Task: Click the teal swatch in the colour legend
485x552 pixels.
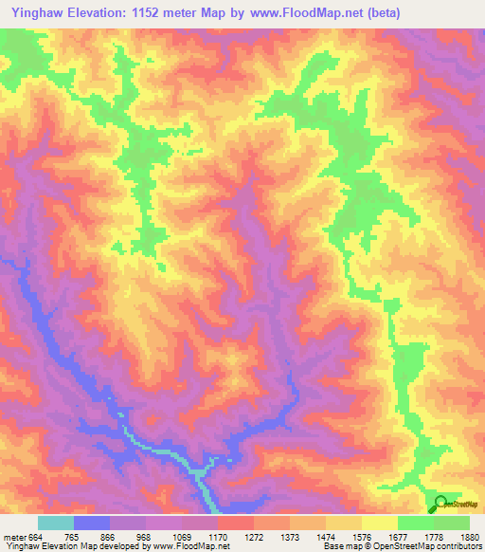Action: (56, 523)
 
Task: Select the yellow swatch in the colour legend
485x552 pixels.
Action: (379, 523)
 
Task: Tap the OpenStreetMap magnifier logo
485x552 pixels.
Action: (440, 505)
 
